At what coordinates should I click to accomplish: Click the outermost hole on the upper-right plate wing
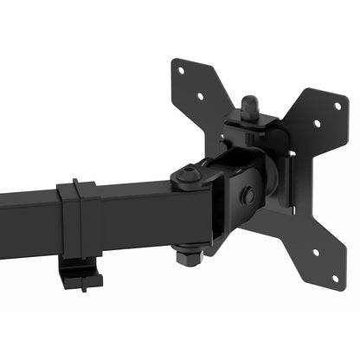pos(337,106)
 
